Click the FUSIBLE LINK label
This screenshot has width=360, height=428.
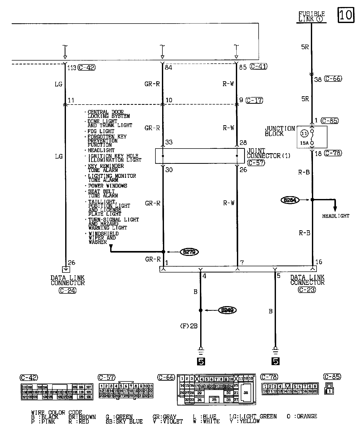tap(311, 17)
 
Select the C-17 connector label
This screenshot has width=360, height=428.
tap(254, 100)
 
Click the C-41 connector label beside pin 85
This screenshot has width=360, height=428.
tap(259, 67)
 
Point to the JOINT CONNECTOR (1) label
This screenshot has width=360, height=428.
tap(268, 153)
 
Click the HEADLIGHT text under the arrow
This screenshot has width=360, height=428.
tap(335, 216)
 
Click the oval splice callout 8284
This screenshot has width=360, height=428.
tap(290, 200)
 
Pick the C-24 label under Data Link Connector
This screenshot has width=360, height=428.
tap(67, 291)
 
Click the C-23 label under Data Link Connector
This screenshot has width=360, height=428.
tap(307, 290)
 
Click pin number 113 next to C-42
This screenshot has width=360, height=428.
tap(72, 68)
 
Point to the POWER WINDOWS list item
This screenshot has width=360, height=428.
tap(108, 186)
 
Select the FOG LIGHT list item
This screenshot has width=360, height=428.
tap(101, 131)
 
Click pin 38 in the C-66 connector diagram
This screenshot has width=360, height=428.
tap(245, 393)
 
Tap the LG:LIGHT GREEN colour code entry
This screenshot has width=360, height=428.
tap(253, 416)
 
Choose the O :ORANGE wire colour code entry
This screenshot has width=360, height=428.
tap(302, 416)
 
